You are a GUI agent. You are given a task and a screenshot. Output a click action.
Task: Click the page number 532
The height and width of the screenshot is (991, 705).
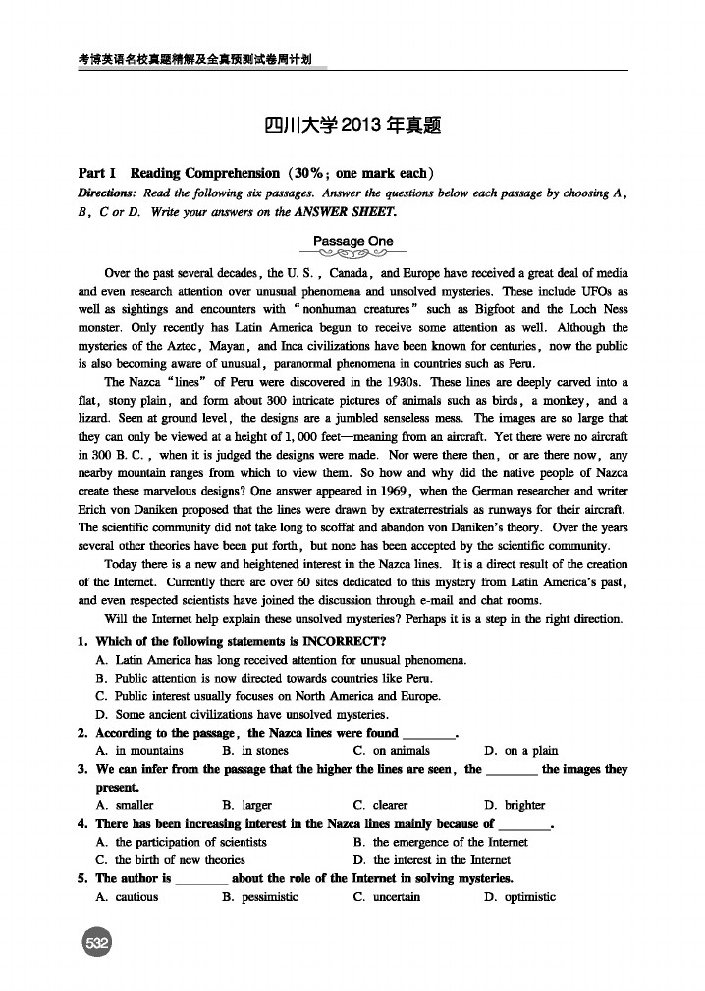[x=96, y=942]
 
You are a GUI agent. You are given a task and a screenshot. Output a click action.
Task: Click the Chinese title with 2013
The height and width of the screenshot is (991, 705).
[x=352, y=126]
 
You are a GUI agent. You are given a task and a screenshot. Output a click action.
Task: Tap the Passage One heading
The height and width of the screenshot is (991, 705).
[x=352, y=241]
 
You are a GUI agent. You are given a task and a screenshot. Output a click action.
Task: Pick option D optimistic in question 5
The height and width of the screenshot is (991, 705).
[x=520, y=896]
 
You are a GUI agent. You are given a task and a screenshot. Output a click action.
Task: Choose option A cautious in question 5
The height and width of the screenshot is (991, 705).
[x=128, y=896]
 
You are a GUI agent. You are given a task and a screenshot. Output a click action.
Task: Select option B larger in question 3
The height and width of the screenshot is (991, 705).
[x=247, y=805]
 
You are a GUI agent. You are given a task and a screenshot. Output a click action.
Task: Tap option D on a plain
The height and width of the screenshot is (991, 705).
[x=521, y=750]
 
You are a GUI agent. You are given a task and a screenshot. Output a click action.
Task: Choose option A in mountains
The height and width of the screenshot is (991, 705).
[x=139, y=750]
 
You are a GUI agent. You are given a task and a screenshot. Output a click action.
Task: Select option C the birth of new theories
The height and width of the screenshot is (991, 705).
[x=167, y=859]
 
